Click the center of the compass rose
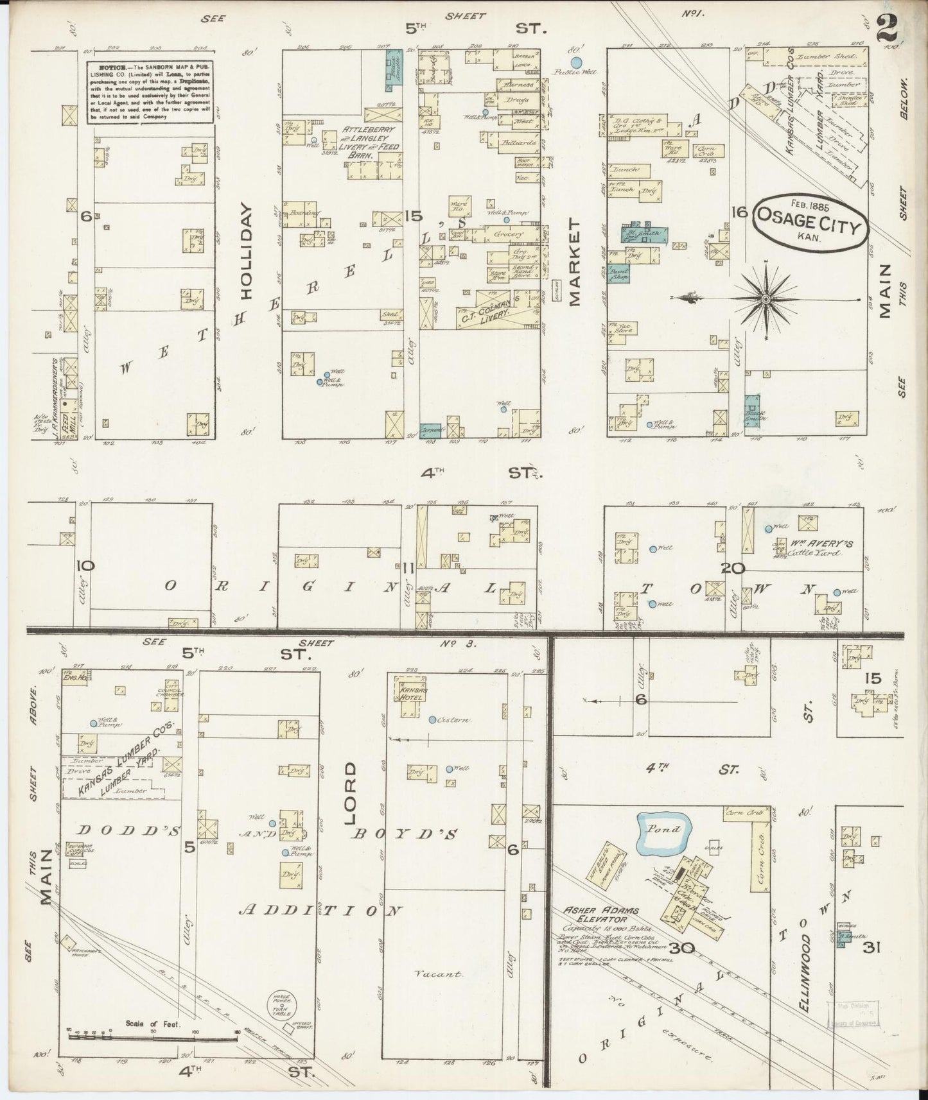(x=766, y=299)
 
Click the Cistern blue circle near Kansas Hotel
(x=433, y=719)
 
